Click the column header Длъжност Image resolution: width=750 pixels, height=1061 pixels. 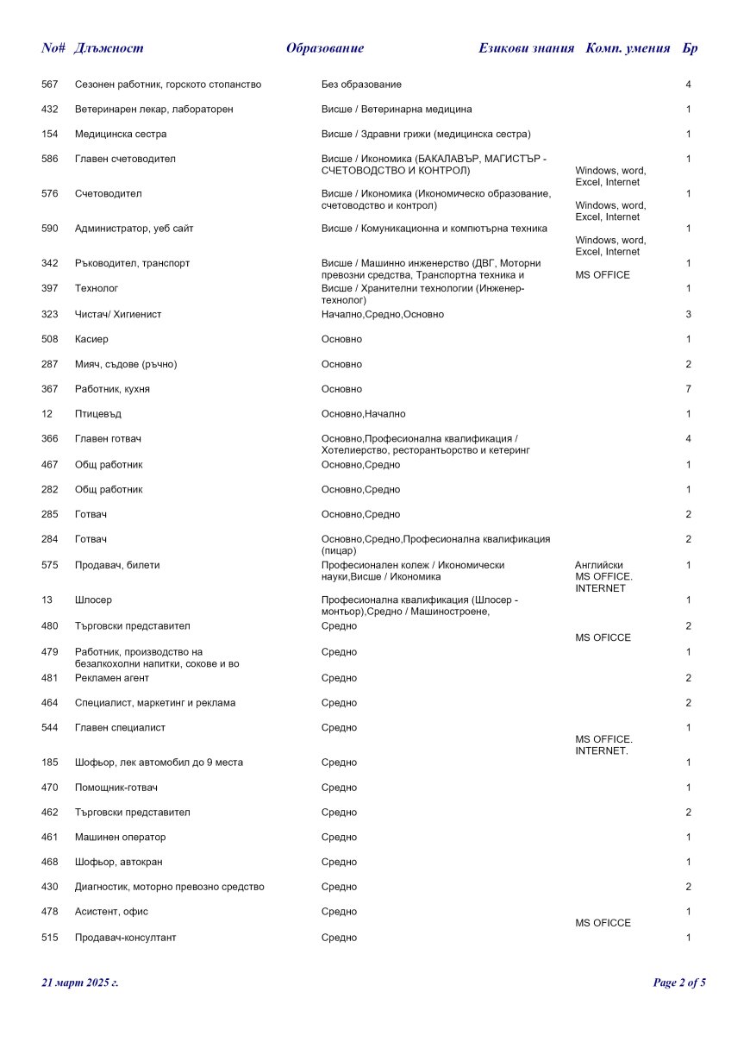click(109, 48)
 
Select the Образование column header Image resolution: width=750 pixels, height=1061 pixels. click(325, 48)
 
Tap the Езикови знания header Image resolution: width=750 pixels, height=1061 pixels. click(526, 48)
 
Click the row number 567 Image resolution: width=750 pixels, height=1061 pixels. click(50, 85)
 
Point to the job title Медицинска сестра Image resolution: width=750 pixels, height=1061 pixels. click(121, 135)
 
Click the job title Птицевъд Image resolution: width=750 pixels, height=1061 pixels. click(98, 414)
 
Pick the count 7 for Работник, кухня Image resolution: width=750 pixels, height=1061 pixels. click(688, 389)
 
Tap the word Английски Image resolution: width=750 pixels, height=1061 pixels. click(599, 565)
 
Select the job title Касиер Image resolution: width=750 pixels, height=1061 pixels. click(92, 340)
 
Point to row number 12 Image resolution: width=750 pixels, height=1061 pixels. click(47, 414)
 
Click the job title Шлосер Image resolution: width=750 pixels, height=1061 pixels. click(93, 600)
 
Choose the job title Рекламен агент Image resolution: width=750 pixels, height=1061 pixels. click(112, 678)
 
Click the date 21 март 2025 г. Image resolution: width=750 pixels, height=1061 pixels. click(80, 983)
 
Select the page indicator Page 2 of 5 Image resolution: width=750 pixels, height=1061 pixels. click(679, 983)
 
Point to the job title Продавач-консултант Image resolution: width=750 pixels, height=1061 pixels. click(126, 938)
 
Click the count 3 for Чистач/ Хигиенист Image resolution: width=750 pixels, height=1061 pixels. click(688, 315)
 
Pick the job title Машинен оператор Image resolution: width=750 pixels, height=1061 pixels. click(121, 838)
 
